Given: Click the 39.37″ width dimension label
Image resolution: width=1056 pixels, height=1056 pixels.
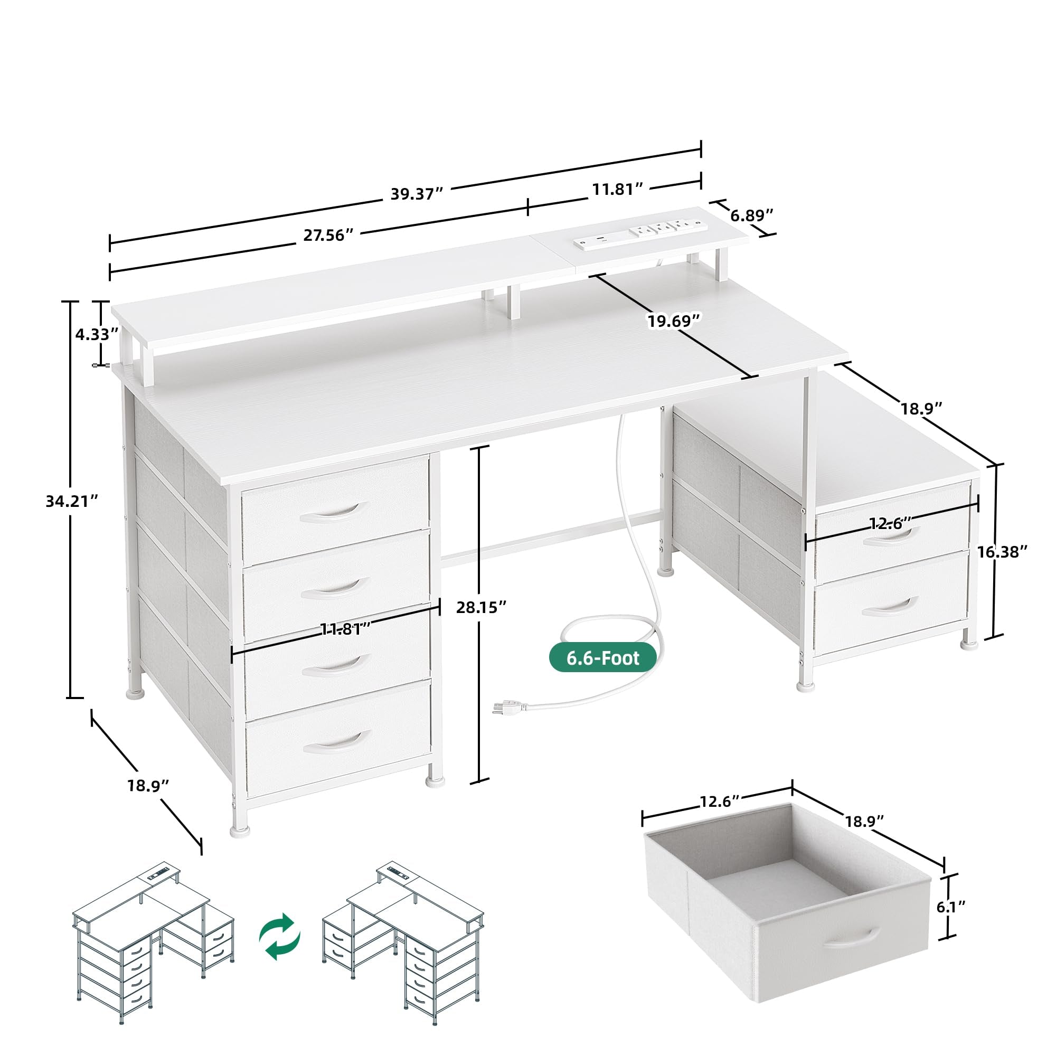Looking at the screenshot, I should pyautogui.click(x=416, y=194).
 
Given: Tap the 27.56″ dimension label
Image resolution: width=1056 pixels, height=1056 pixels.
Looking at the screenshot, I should pyautogui.click(x=328, y=235).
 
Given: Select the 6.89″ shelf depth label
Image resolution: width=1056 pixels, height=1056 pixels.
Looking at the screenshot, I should pyautogui.click(x=751, y=215).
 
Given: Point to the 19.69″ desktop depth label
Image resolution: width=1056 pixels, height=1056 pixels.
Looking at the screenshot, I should pyautogui.click(x=673, y=321).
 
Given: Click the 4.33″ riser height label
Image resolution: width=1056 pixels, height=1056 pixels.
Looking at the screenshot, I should pyautogui.click(x=96, y=334).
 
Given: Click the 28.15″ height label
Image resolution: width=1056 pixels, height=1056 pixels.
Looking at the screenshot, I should pyautogui.click(x=481, y=607).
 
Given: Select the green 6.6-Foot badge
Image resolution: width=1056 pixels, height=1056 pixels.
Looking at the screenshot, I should pyautogui.click(x=602, y=657).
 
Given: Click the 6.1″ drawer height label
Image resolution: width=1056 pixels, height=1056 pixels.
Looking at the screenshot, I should pyautogui.click(x=951, y=907).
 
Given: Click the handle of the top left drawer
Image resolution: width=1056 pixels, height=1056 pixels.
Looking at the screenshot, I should pyautogui.click(x=331, y=512).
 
